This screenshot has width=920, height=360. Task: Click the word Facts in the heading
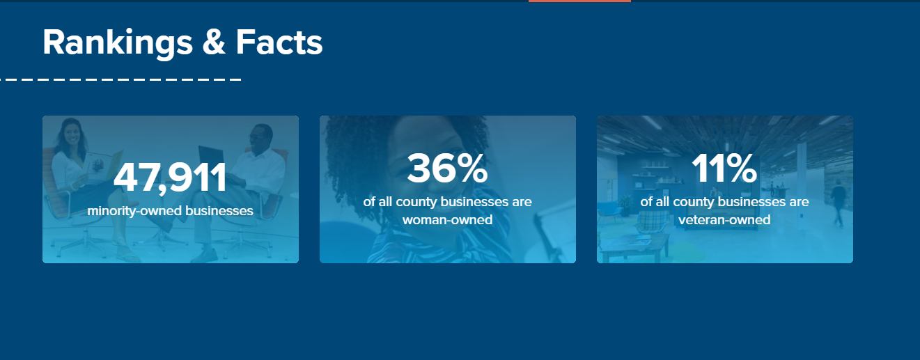coord(279,43)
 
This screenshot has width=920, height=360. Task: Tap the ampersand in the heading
coord(214,43)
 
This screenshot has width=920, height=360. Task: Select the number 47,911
coord(170,178)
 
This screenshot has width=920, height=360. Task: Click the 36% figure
coord(447,169)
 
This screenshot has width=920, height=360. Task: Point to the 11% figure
coord(724,169)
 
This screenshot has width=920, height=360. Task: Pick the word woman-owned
coord(447,220)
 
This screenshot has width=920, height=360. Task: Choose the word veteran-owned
coord(724,220)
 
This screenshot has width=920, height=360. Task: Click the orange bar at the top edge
coord(579,1)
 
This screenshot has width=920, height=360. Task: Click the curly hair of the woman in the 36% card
coord(362,139)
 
